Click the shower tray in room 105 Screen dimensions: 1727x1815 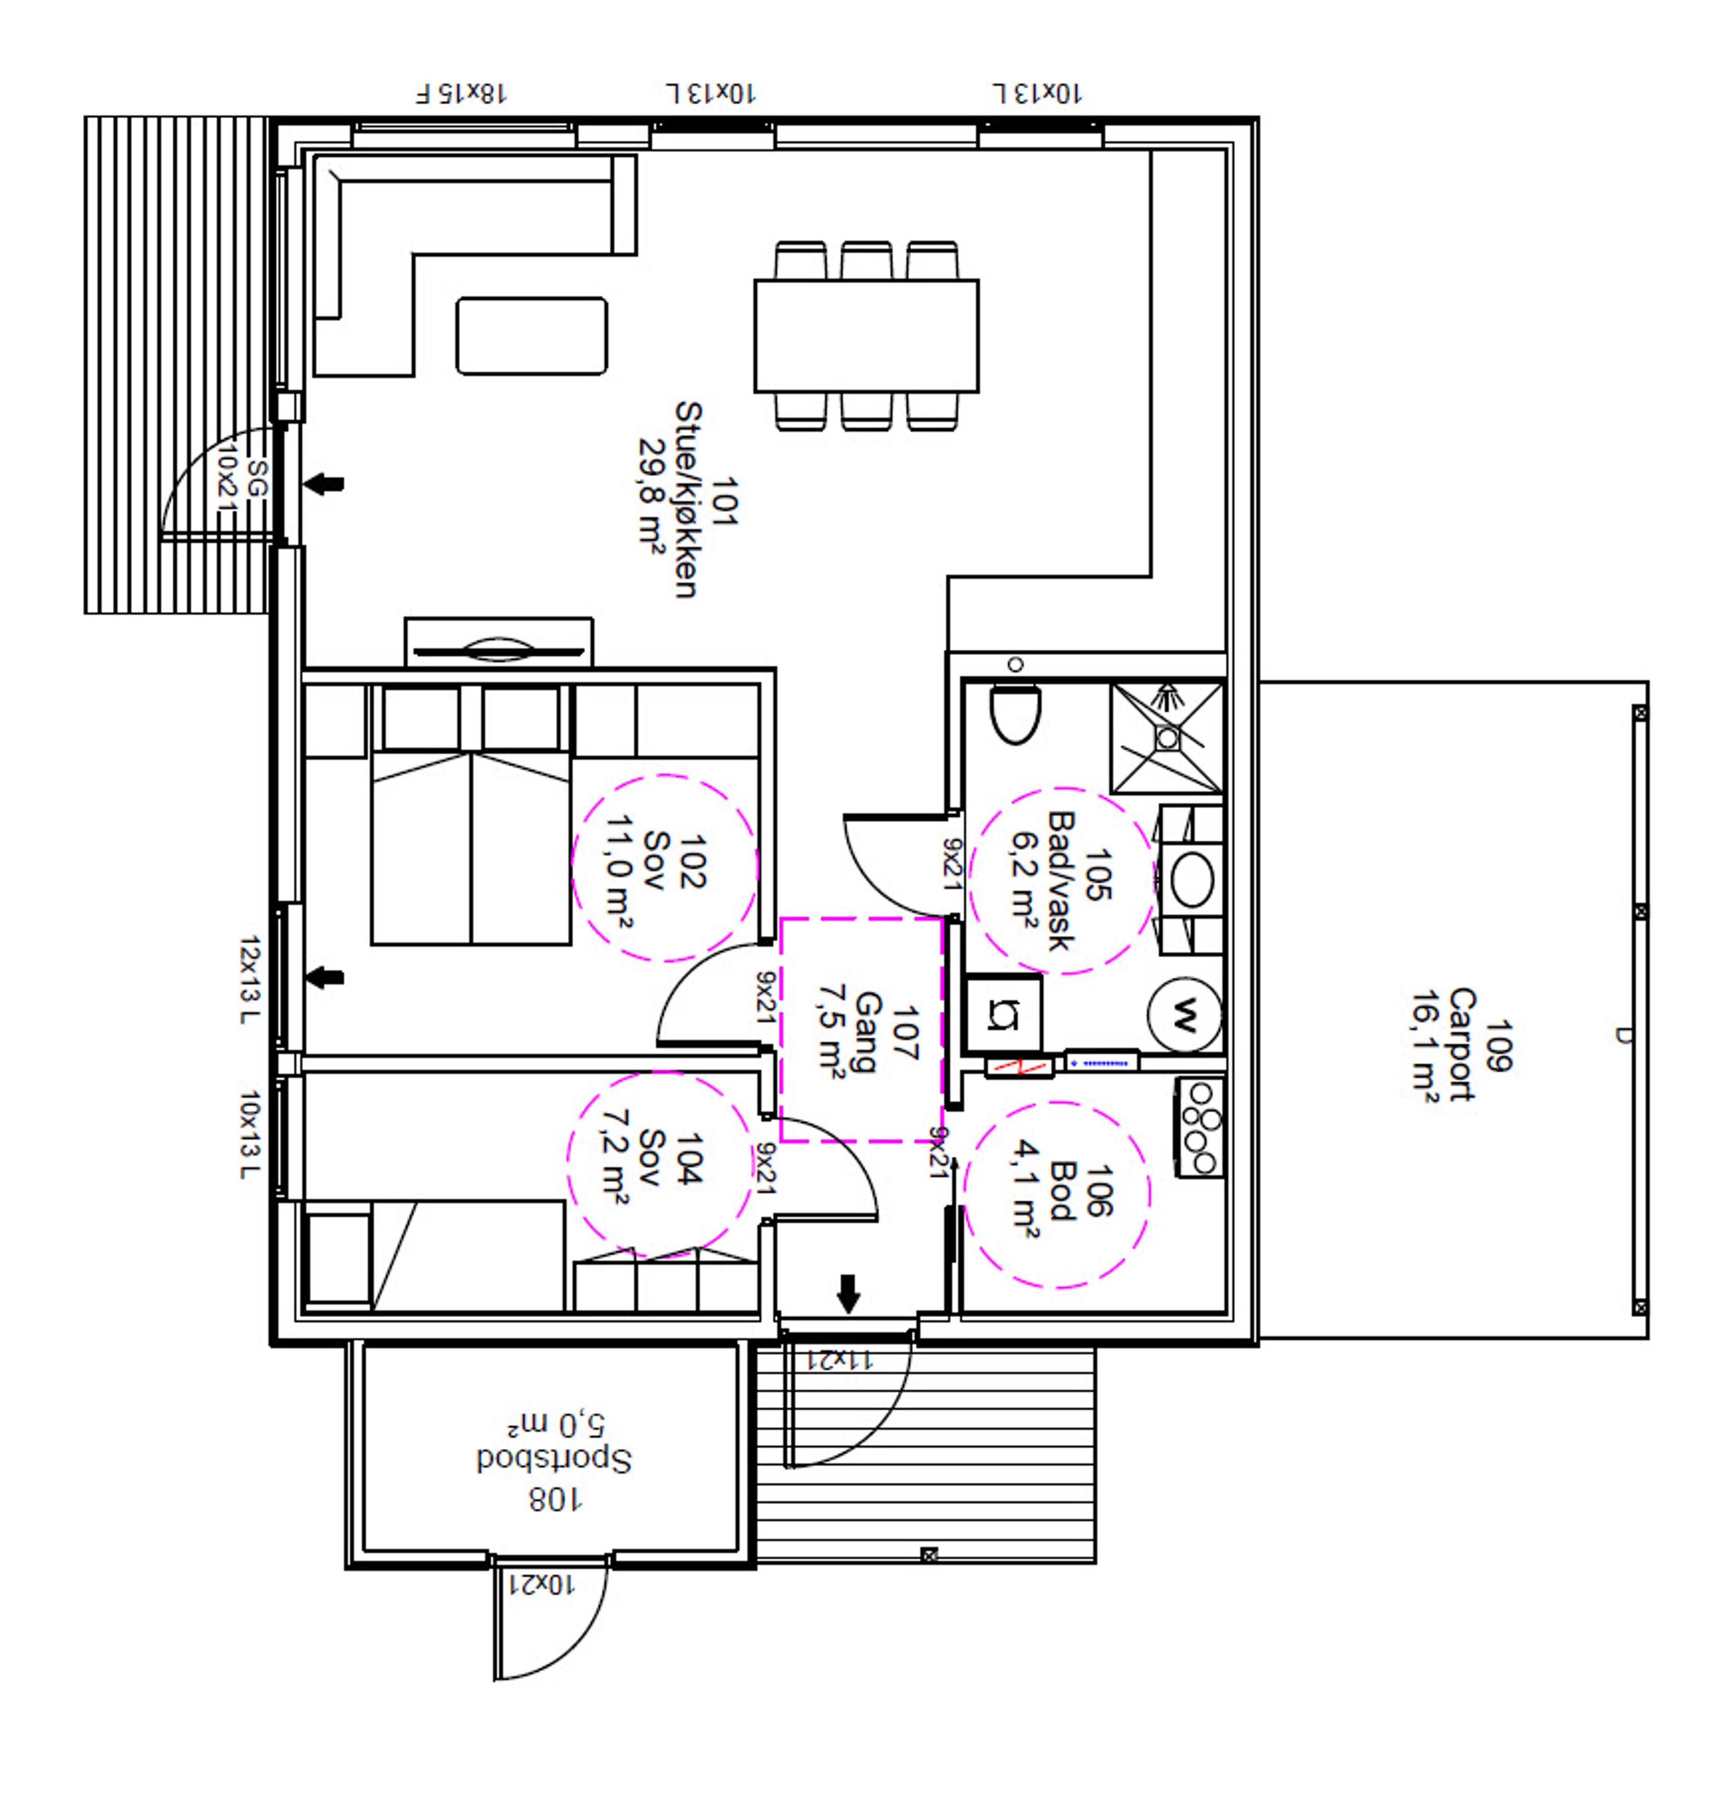pyautogui.click(x=1166, y=737)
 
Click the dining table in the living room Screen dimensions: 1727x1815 pyautogui.click(x=866, y=336)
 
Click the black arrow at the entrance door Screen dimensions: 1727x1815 pyautogui.click(x=848, y=1294)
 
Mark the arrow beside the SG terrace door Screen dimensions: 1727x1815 pyautogui.click(x=324, y=484)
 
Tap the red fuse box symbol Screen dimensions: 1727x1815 pyautogui.click(x=1018, y=1067)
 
